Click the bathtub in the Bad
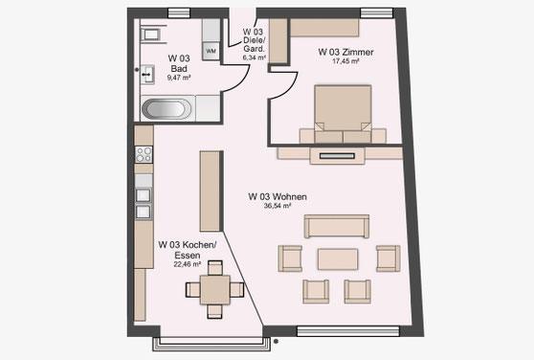(x=167, y=109)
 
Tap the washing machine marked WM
(x=211, y=51)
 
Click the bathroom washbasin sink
(x=147, y=75)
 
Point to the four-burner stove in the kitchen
(x=144, y=154)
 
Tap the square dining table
(x=215, y=290)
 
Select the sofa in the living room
(x=337, y=226)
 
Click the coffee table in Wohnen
(x=338, y=259)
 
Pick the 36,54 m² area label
(x=278, y=206)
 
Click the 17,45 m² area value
(x=345, y=61)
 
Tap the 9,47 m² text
(x=179, y=78)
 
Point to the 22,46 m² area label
(x=188, y=264)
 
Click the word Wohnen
(x=290, y=196)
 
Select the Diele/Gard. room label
(x=254, y=45)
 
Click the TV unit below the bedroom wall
(x=338, y=156)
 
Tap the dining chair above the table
(x=215, y=268)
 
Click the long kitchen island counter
(x=211, y=191)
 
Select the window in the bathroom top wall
(x=179, y=13)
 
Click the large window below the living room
(x=348, y=331)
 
